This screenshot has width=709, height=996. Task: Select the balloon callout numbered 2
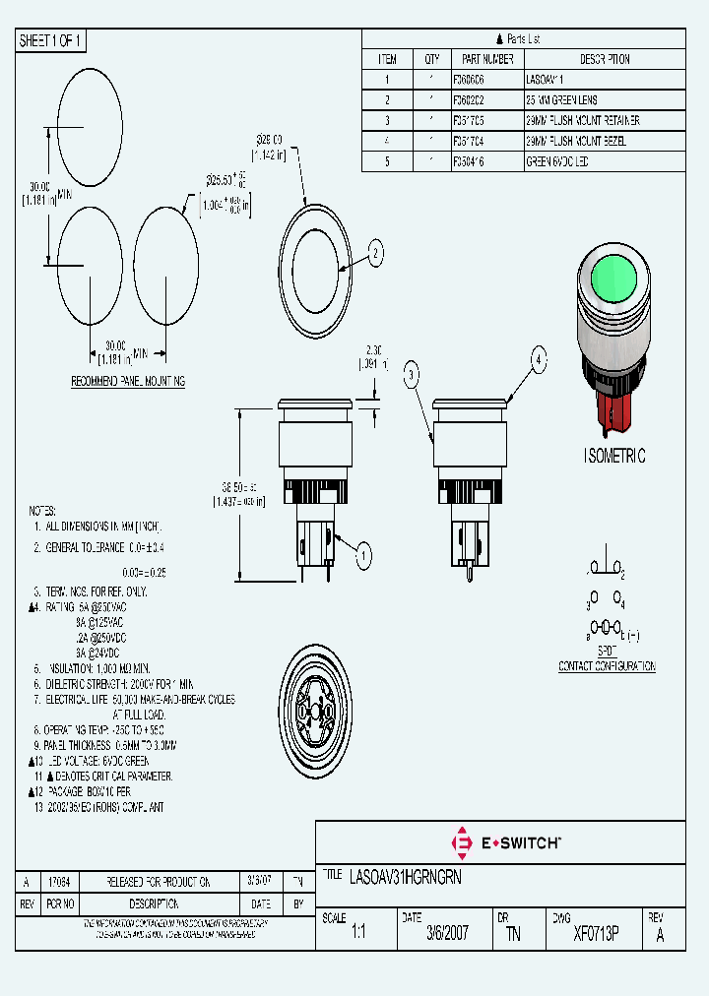[x=375, y=255]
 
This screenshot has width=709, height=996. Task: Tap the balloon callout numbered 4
[x=538, y=359]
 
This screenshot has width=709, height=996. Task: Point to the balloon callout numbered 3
[x=412, y=371]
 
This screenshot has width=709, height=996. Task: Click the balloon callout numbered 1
[x=362, y=557]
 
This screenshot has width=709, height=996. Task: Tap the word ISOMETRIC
[x=614, y=456]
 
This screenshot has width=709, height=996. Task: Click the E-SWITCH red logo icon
[x=460, y=842]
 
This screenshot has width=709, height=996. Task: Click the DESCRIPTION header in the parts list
[x=604, y=59]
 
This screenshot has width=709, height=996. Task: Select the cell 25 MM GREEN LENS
[x=562, y=100]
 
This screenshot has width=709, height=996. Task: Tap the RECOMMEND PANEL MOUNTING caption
[x=128, y=381]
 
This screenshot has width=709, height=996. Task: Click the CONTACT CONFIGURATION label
[x=607, y=666]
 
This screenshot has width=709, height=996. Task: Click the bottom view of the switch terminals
[x=313, y=711]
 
